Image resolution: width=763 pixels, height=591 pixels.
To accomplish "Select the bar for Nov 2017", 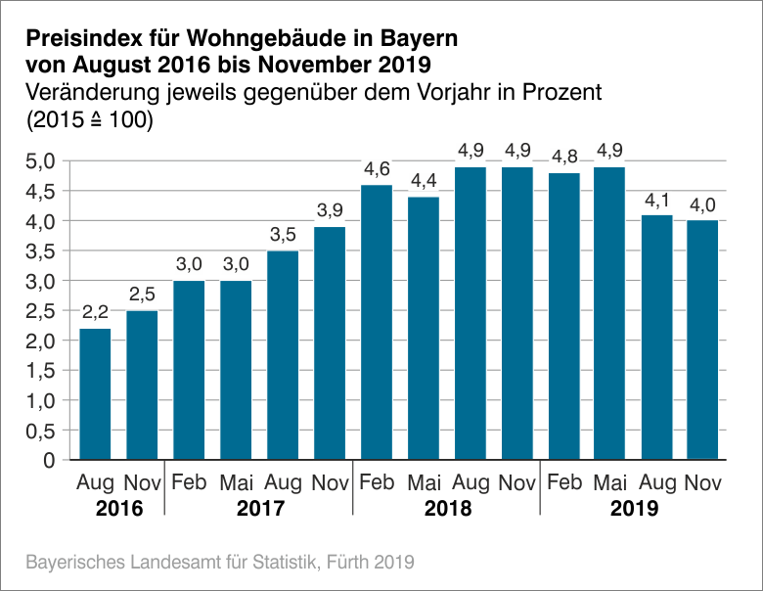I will (x=330, y=342).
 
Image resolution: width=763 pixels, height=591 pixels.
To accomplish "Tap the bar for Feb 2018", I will (x=377, y=322).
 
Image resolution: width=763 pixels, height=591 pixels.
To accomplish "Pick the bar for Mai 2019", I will (x=610, y=313).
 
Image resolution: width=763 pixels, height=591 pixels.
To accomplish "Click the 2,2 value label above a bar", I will (x=95, y=313).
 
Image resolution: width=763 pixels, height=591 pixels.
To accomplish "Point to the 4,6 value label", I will (x=377, y=169).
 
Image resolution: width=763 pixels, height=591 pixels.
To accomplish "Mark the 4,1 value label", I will (x=656, y=200).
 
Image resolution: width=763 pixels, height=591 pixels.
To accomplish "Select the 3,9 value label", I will (x=330, y=211).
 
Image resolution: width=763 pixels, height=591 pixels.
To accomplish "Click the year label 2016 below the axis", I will (x=118, y=509).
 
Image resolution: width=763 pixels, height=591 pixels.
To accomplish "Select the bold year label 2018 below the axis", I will (x=447, y=509).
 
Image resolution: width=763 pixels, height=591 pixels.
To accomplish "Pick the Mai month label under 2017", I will (x=236, y=482).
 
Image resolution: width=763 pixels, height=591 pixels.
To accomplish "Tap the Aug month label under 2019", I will (x=656, y=482).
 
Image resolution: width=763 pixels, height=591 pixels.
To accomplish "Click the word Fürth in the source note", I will (x=329, y=563).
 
